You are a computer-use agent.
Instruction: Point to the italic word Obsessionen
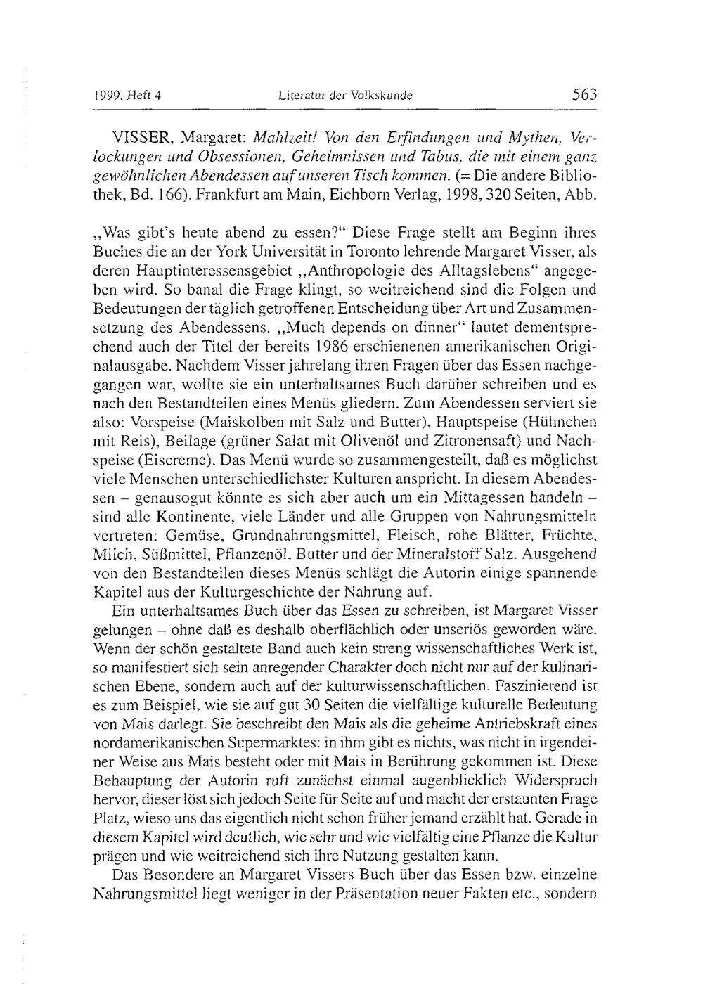pos(220,153)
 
